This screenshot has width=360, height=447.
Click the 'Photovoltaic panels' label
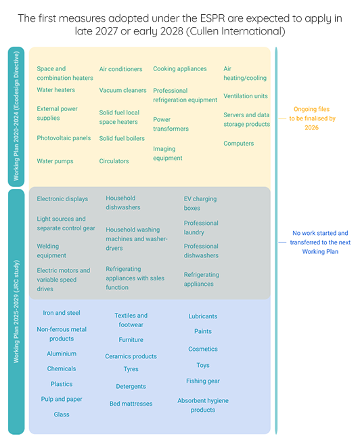[x=64, y=138]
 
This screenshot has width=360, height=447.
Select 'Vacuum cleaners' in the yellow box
[x=122, y=90]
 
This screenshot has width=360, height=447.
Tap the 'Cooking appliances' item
[x=180, y=69]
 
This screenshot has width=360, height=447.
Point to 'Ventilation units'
[x=246, y=96]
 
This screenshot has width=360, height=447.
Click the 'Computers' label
[x=239, y=144]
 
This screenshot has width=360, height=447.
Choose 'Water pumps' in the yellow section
[x=55, y=161]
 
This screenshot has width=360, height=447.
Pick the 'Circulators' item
[x=114, y=161]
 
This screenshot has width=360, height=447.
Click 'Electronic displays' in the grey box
[x=62, y=199]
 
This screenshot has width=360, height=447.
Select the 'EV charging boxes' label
[x=200, y=204]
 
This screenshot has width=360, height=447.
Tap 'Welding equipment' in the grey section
[x=51, y=251]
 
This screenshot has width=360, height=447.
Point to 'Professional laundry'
[x=201, y=228]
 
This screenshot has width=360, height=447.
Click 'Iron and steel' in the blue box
[x=62, y=313]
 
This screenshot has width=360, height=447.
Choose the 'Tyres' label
[x=131, y=369]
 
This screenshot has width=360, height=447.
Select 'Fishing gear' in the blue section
[x=203, y=381]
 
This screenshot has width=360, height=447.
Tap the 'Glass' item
[x=62, y=414]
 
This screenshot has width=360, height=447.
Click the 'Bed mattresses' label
[x=131, y=404]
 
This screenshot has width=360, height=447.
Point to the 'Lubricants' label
[x=203, y=316]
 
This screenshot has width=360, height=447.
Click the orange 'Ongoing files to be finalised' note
[x=312, y=119]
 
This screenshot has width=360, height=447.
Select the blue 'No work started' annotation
[x=320, y=242]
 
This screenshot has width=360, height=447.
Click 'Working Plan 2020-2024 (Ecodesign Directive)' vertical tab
[x=16, y=116]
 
